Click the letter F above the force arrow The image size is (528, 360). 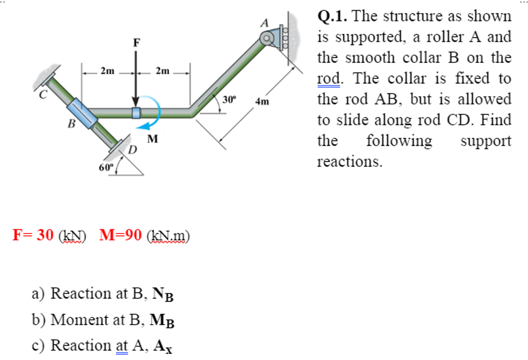pyautogui.click(x=136, y=43)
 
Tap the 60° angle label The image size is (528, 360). pyautogui.click(x=105, y=167)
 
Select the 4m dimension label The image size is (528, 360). pyautogui.click(x=262, y=101)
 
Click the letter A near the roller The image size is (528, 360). pyautogui.click(x=265, y=23)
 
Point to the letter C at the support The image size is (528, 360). pyautogui.click(x=44, y=94)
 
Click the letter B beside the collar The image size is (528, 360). pyautogui.click(x=72, y=123)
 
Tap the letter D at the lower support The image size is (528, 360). pyautogui.click(x=133, y=150)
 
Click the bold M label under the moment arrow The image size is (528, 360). pyautogui.click(x=153, y=138)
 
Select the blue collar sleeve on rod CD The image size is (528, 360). pyautogui.click(x=82, y=113)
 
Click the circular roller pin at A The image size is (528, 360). pyautogui.click(x=266, y=38)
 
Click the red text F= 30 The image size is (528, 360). pyautogui.click(x=33, y=235)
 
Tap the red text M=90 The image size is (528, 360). pyautogui.click(x=120, y=235)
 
